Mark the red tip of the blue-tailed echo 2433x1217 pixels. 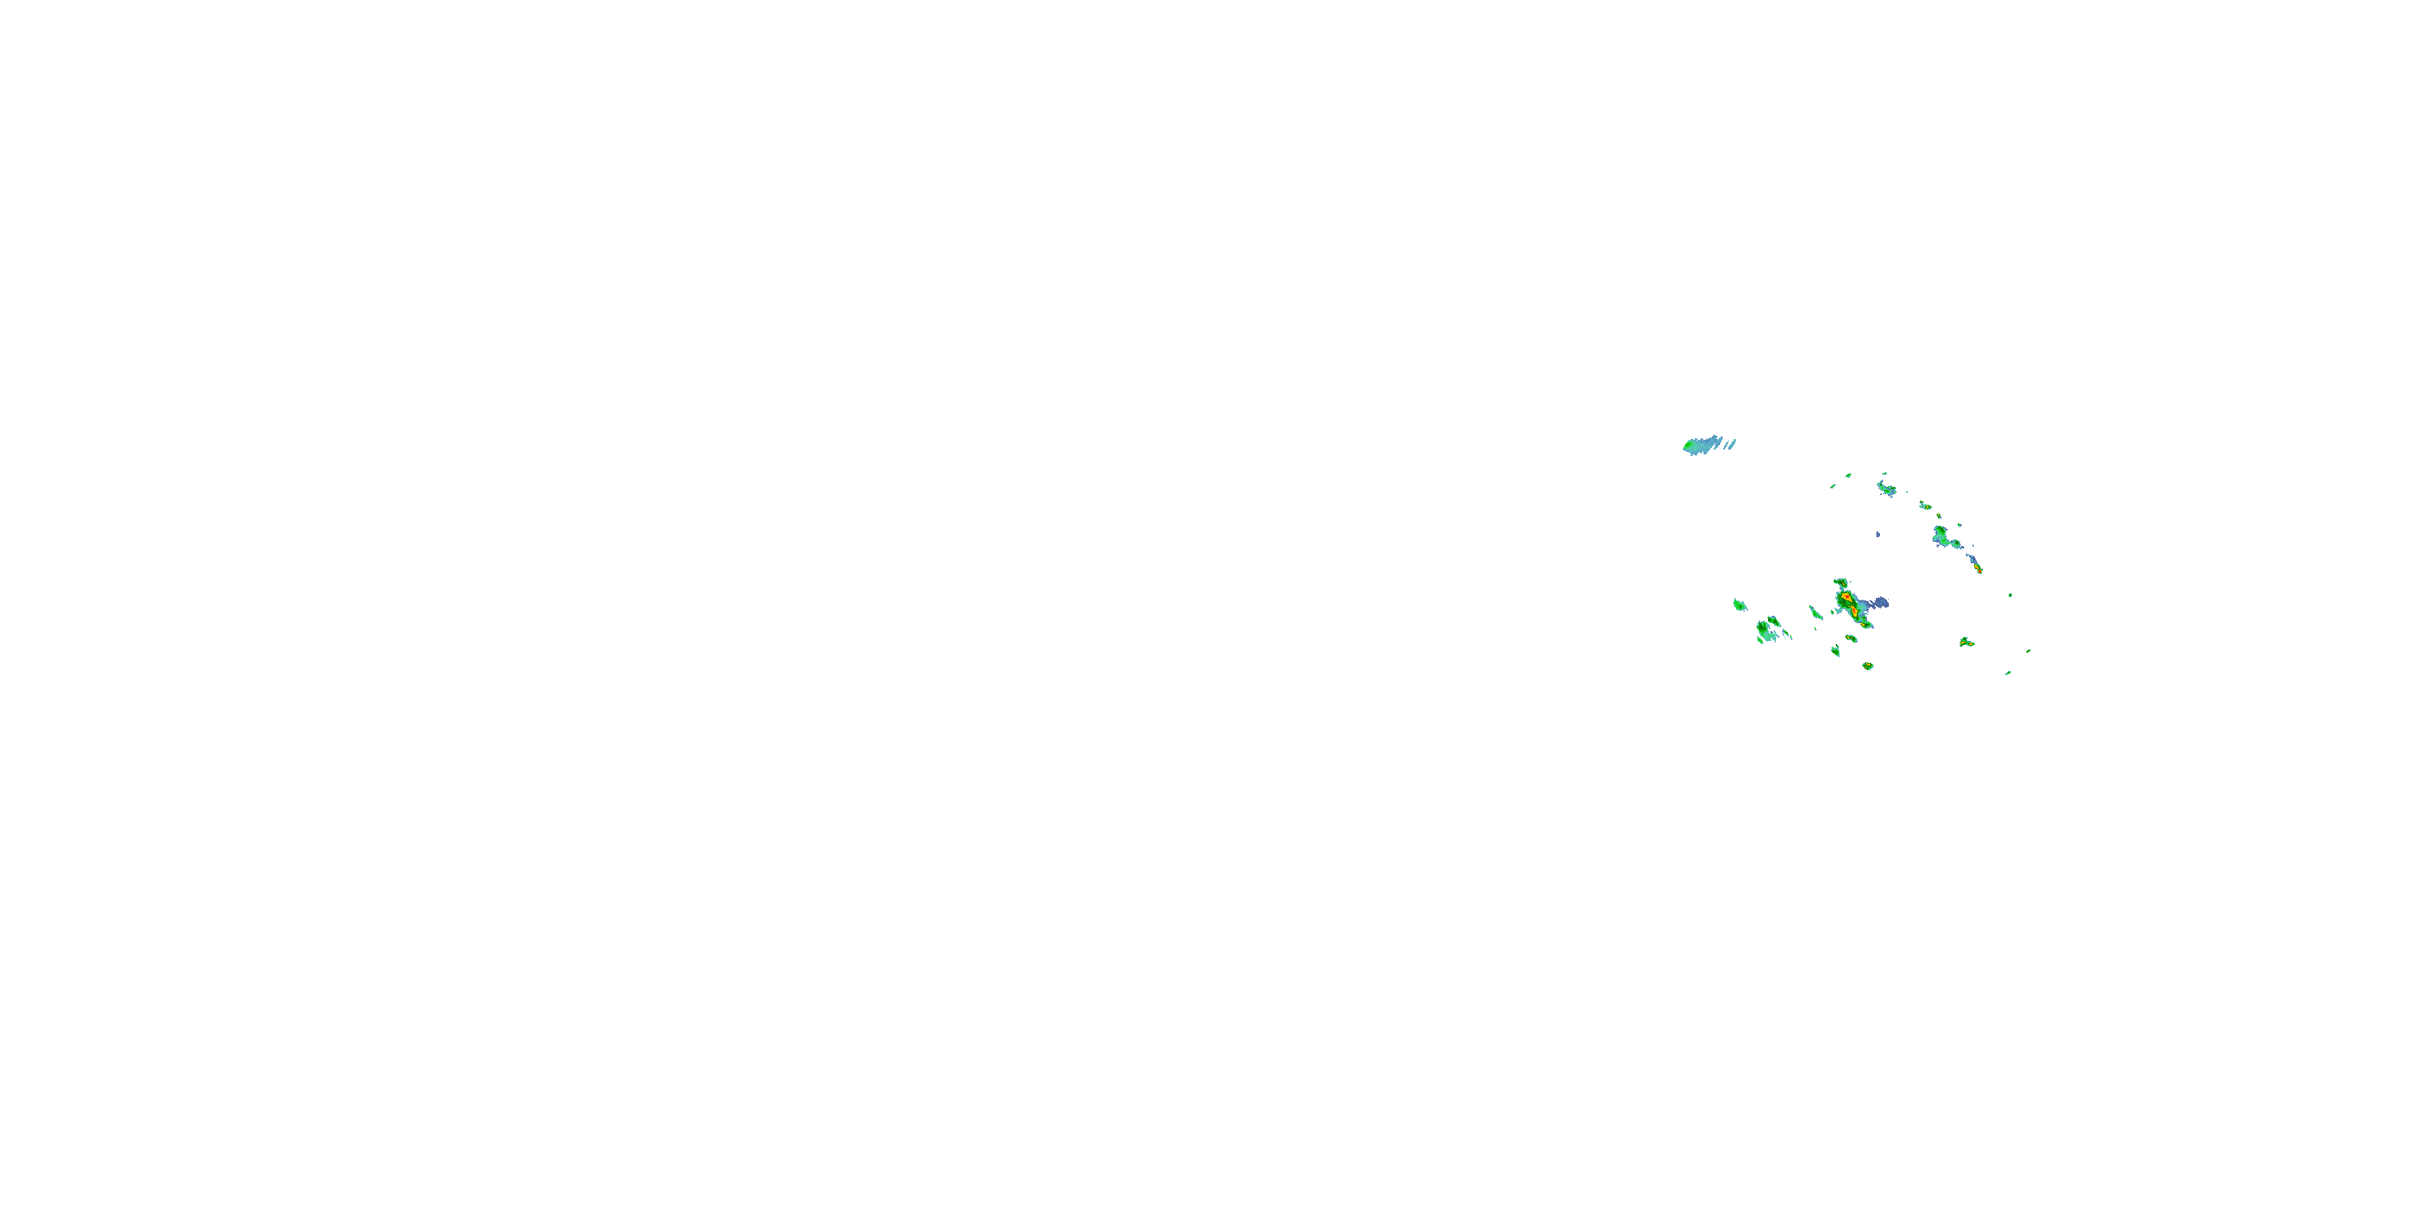(x=1979, y=570)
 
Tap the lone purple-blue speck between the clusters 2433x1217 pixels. (x=1877, y=535)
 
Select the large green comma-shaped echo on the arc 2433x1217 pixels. (x=1941, y=538)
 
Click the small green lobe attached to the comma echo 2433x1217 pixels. (x=1956, y=545)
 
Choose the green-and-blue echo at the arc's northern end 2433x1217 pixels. (x=1886, y=488)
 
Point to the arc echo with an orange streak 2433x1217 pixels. (x=1925, y=505)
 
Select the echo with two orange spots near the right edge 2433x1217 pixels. (x=1967, y=643)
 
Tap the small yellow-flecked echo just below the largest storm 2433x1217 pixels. (x=1852, y=638)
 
